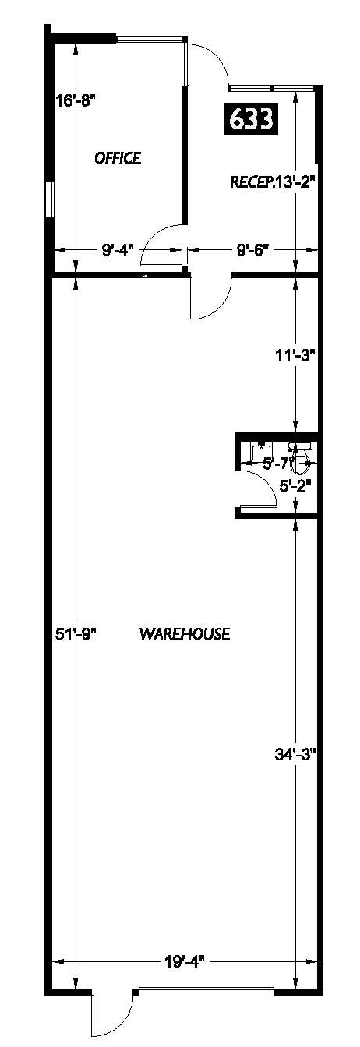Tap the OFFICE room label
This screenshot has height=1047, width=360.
pos(118,158)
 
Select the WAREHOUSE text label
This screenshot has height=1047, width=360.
pos(185,633)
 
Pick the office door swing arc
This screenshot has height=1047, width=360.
pos(162,241)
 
